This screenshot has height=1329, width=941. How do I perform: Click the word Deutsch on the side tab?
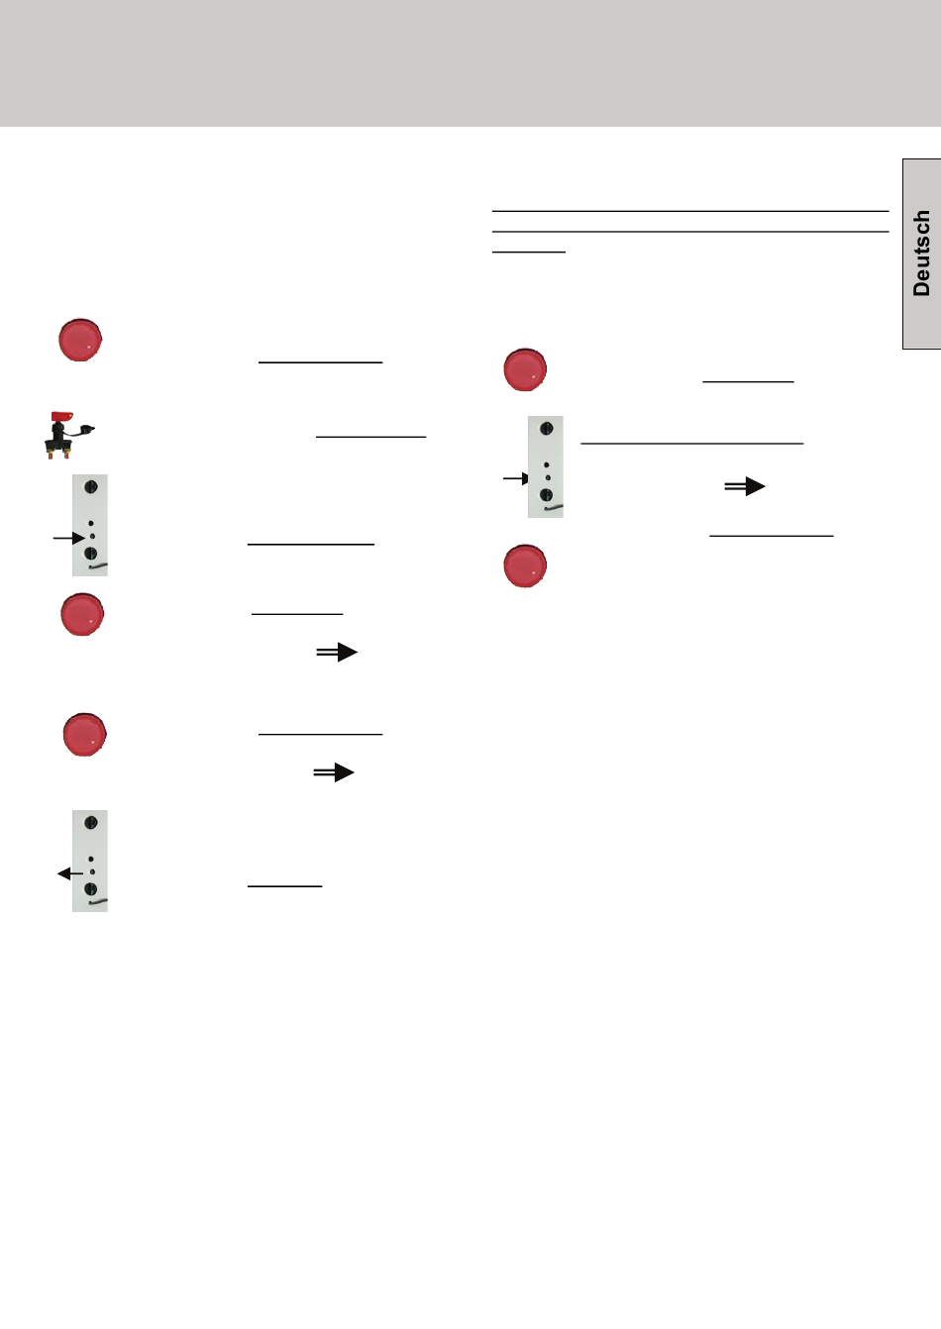tap(921, 254)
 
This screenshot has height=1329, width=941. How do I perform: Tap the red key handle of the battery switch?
tap(61, 417)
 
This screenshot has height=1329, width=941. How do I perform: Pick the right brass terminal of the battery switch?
tap(66, 455)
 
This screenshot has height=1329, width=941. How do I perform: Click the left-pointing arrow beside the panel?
tap(70, 873)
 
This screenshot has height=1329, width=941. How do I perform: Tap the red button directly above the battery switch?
tap(80, 340)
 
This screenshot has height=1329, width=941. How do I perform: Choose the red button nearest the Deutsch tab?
tap(525, 369)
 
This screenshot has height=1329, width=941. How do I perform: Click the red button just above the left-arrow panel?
tap(85, 735)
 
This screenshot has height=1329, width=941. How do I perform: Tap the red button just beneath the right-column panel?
tap(525, 566)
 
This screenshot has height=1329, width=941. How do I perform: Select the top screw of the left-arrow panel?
tap(91, 822)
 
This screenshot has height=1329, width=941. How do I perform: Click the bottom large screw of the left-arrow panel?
tap(91, 888)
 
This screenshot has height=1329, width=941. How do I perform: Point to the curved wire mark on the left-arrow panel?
tap(98, 902)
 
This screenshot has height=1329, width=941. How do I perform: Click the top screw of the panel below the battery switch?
tap(91, 487)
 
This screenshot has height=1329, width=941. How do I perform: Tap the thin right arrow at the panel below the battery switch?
tap(69, 538)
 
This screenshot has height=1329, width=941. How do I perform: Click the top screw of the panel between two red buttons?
tap(547, 429)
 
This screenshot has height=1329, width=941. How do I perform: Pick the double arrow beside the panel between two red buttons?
tap(745, 486)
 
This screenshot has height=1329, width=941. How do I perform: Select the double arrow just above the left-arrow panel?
tap(334, 772)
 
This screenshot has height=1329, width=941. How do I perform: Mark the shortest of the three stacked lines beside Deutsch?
tap(529, 253)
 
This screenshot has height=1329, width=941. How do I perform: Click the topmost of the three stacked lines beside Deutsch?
tap(690, 211)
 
